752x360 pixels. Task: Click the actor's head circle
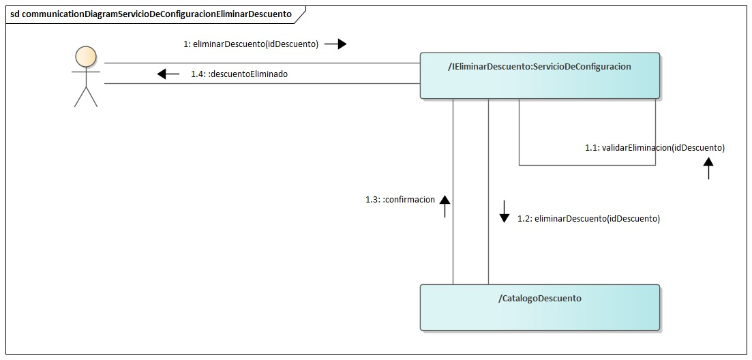click(x=85, y=55)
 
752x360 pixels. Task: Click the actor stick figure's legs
click(x=86, y=97)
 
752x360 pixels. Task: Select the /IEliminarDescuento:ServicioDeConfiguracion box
click(x=539, y=76)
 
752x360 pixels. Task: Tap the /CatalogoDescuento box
click(x=539, y=307)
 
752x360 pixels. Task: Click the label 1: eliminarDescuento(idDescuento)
click(x=251, y=44)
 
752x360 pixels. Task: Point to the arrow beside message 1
click(x=335, y=44)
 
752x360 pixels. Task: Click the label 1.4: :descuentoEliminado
click(x=239, y=74)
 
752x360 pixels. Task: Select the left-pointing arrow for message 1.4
click(x=168, y=74)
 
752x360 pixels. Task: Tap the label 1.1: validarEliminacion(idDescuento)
click(x=655, y=147)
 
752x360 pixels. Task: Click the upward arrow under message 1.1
click(x=708, y=168)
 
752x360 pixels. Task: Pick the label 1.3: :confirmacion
click(x=400, y=200)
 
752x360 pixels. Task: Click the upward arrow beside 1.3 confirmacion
click(x=445, y=205)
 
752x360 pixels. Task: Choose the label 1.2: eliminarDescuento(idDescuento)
click(x=588, y=219)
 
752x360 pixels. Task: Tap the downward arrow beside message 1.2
click(x=505, y=211)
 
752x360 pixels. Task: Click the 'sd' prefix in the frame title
click(x=15, y=14)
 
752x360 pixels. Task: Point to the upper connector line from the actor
click(x=259, y=63)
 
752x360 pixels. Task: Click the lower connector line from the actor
click(x=259, y=84)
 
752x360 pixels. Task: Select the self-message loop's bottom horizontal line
click(x=586, y=165)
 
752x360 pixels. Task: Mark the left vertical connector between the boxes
click(x=453, y=239)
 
